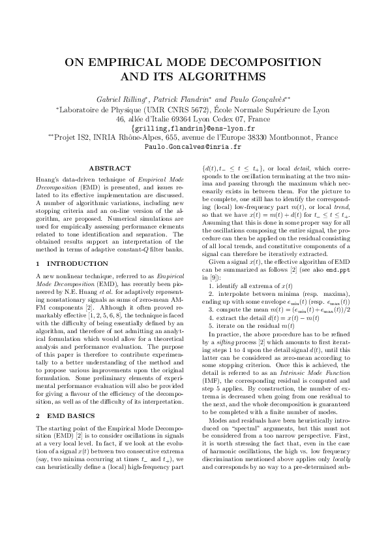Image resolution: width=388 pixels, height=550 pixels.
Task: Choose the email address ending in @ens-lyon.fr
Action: (194, 129)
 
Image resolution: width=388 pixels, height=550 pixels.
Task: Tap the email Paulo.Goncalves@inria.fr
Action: (194, 148)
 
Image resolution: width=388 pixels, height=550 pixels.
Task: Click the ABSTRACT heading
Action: (110, 168)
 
